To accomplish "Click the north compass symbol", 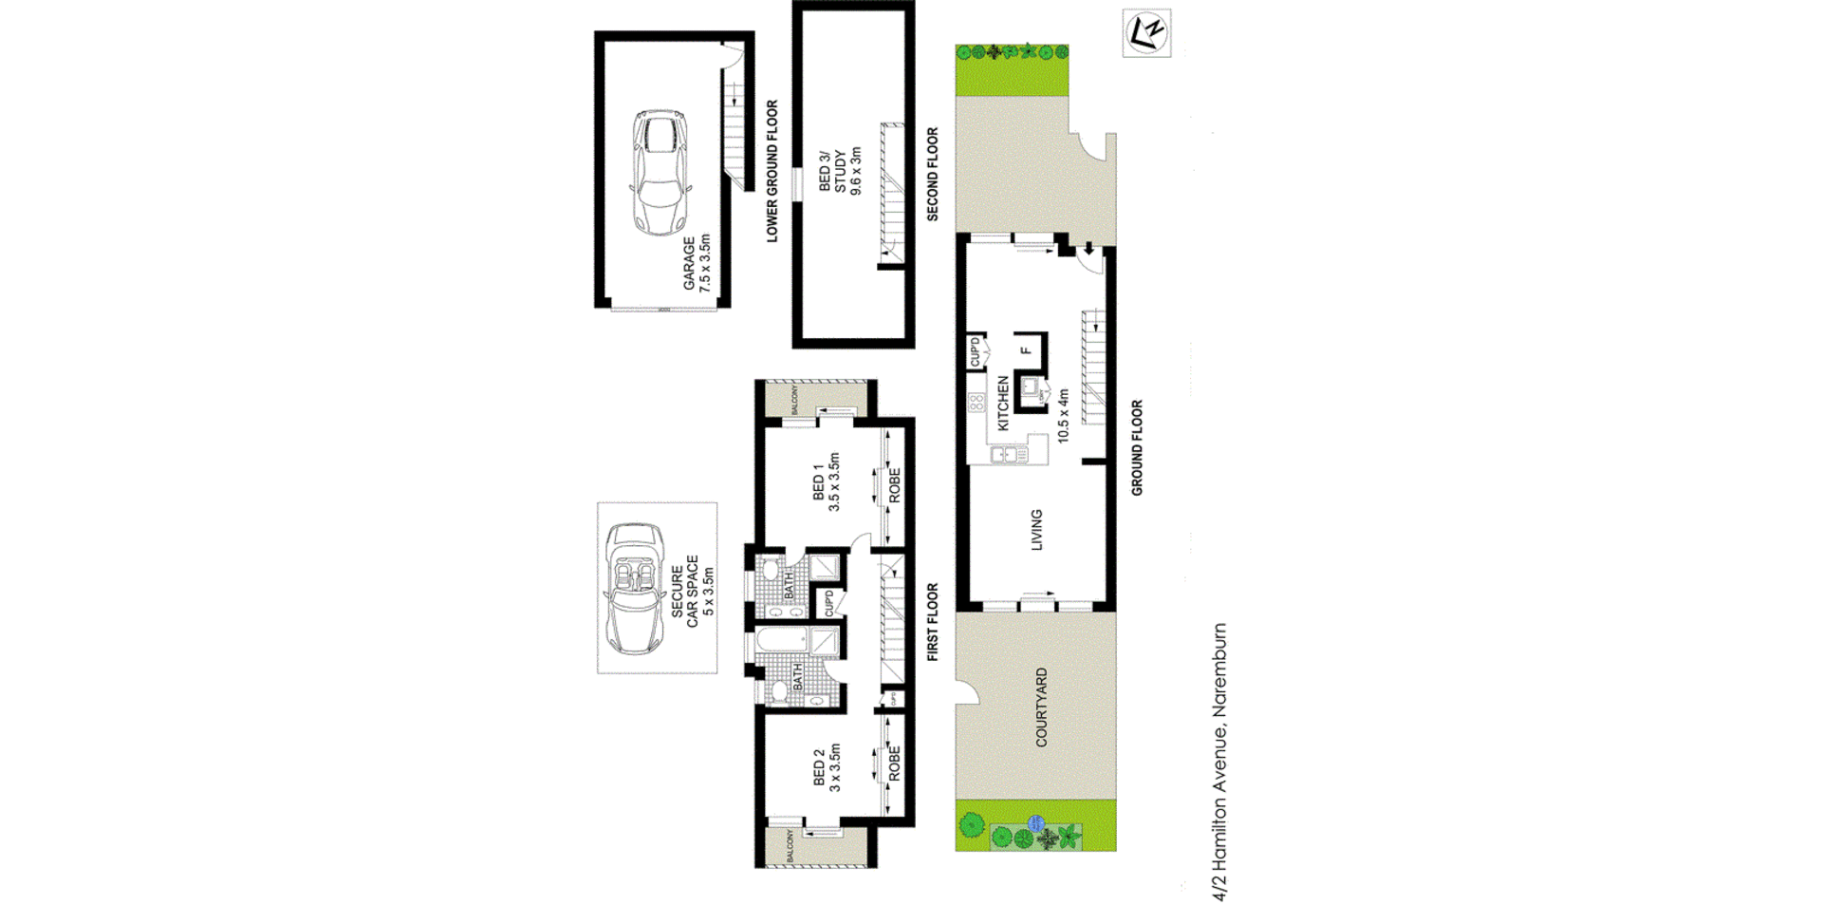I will (1146, 33).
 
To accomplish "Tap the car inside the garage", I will (660, 172).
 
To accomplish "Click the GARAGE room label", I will (690, 263).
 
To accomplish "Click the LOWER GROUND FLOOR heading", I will (772, 171).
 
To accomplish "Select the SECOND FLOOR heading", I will (932, 175).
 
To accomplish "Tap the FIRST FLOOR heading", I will (932, 622).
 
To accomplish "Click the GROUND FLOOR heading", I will (1137, 447).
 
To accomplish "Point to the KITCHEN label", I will (1003, 404).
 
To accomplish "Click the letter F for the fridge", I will (1026, 350).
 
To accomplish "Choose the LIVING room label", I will (1036, 530).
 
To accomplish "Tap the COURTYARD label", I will (1041, 707).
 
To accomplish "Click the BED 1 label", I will (818, 482).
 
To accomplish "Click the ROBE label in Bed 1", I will (894, 485).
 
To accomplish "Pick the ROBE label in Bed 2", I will (894, 764).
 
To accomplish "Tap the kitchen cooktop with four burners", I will (976, 403).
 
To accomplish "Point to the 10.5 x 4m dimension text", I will (1063, 415).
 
